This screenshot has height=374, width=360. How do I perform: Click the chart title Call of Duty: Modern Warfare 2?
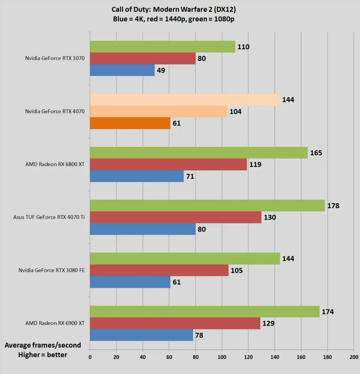pyautogui.click(x=174, y=9)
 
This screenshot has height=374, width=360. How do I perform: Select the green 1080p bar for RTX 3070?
pyautogui.click(x=162, y=47)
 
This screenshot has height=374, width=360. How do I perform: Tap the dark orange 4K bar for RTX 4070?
pyautogui.click(x=130, y=123)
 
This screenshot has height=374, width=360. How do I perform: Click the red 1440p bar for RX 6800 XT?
pyautogui.click(x=168, y=165)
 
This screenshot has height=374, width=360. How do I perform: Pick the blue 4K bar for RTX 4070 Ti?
pyautogui.click(x=143, y=229)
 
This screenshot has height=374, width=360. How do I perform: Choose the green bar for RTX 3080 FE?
pyautogui.click(x=185, y=259)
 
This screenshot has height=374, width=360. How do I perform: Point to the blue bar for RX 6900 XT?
pyautogui.click(x=141, y=335)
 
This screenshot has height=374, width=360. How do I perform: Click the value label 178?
pyautogui.click(x=333, y=206)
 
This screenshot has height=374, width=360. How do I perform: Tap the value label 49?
pyautogui.click(x=161, y=70)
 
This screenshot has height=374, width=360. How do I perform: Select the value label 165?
pyautogui.click(x=316, y=153)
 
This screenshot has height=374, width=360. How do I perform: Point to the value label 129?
pyautogui.click(x=268, y=324)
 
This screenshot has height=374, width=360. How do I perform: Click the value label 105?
pyautogui.click(x=237, y=271)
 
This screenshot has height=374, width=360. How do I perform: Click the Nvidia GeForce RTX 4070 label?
pyautogui.click(x=55, y=111)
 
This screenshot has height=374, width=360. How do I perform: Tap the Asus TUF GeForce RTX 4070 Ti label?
pyautogui.click(x=49, y=217)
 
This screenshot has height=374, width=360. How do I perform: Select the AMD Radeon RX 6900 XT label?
pyautogui.click(x=55, y=323)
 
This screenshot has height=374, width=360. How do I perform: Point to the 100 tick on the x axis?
pyautogui.click(x=222, y=357)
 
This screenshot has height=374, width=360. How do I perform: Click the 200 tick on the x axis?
pyautogui.click(x=354, y=357)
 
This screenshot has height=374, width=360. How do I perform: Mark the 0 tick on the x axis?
pyautogui.click(x=90, y=357)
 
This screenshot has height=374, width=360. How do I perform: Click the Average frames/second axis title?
pyautogui.click(x=43, y=345)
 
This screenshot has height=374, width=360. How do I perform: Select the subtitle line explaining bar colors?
pyautogui.click(x=174, y=19)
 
